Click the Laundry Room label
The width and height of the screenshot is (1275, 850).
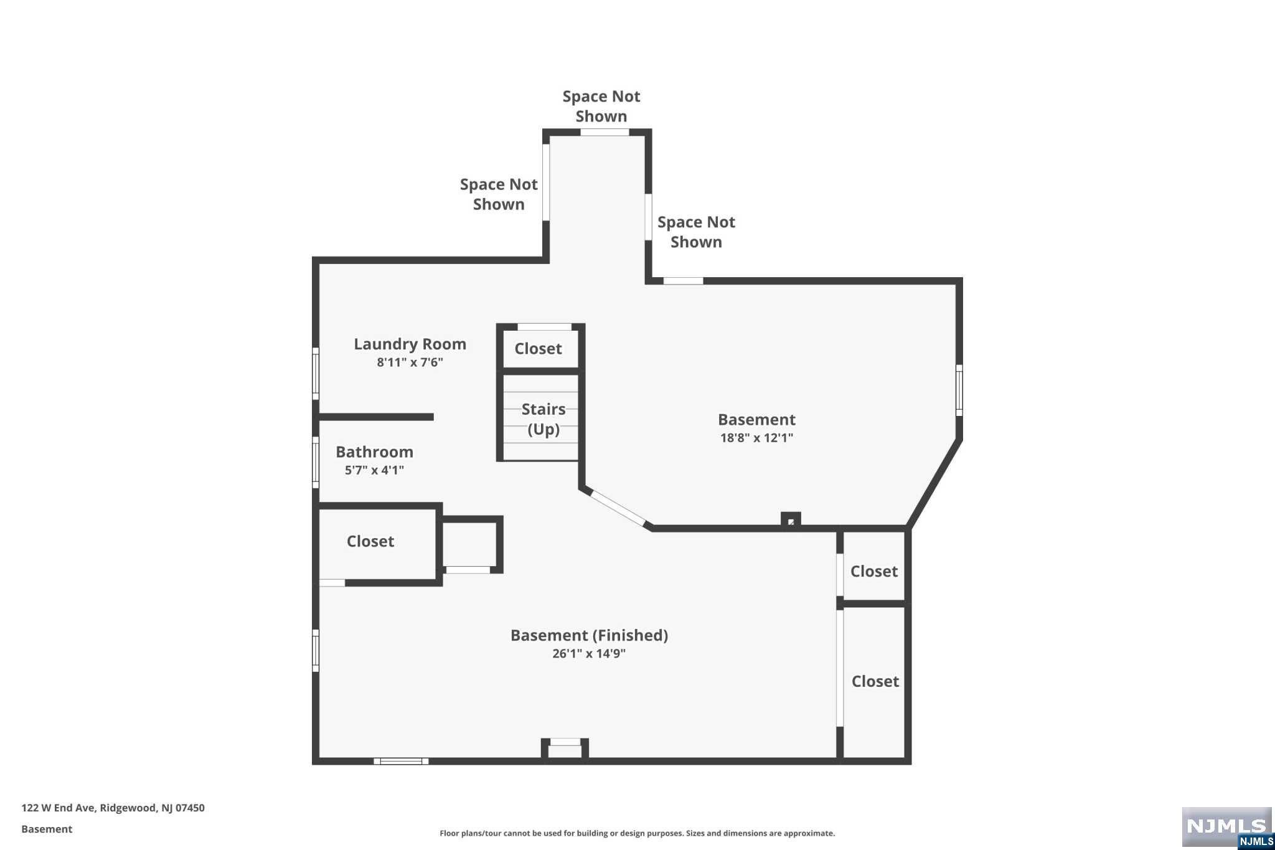[x=410, y=344]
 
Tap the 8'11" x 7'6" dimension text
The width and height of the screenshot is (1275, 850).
[x=410, y=362]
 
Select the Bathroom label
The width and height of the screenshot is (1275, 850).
[x=374, y=452]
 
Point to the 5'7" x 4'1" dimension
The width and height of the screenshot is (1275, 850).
[x=374, y=470]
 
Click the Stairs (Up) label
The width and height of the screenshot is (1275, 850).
[x=543, y=419]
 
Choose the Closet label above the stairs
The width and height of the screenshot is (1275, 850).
[x=538, y=349]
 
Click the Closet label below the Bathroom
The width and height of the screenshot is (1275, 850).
[x=370, y=542]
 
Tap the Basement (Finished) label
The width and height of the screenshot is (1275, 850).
[x=589, y=635]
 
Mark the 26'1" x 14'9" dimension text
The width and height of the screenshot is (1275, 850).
[x=588, y=653]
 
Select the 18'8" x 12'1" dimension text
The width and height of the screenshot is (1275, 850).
[x=756, y=438]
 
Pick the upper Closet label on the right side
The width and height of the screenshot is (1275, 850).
[x=874, y=572]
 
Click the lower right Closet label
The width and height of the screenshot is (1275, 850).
[x=875, y=682]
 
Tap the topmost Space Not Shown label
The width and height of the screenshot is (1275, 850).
[x=601, y=106]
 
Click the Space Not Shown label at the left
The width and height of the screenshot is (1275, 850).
[x=499, y=194]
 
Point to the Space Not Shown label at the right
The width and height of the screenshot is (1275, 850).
[x=696, y=232]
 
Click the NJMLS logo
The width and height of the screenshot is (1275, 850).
[x=1226, y=827]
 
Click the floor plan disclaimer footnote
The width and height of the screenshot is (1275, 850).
[x=637, y=833]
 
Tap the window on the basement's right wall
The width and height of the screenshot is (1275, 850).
[x=959, y=390]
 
